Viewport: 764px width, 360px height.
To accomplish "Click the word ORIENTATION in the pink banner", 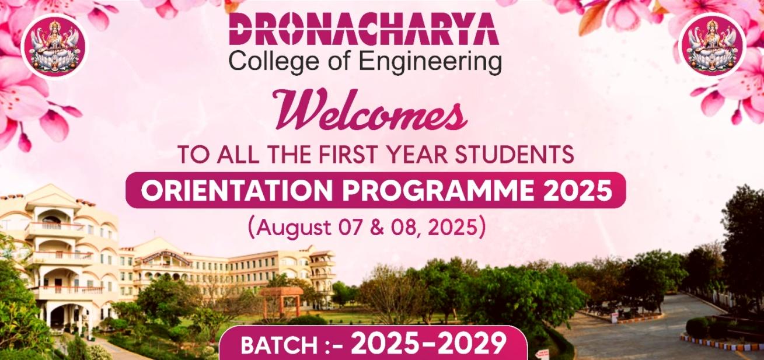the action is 237,190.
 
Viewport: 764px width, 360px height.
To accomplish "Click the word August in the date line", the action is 294,228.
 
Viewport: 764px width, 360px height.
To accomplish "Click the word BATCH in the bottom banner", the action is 280,345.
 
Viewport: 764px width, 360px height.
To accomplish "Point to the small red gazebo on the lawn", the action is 281,302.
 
